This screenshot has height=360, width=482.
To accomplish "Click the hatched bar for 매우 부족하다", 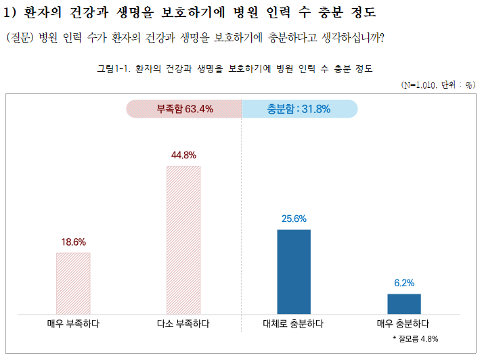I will click(x=73, y=283).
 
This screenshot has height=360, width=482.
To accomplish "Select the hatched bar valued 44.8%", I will click(x=183, y=240).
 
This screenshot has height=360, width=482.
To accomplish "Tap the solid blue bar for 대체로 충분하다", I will click(x=294, y=271).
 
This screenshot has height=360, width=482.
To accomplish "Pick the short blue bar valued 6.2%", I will click(x=404, y=303).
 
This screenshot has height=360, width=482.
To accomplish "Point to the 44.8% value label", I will click(x=183, y=155).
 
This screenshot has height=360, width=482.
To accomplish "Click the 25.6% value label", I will click(x=294, y=219).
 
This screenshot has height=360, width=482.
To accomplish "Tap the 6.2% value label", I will click(x=404, y=283).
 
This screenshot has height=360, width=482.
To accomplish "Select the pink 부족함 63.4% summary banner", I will click(x=183, y=109).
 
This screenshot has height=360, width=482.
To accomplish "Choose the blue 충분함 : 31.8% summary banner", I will click(x=299, y=109).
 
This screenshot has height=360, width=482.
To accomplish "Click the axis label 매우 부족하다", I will click(x=73, y=324).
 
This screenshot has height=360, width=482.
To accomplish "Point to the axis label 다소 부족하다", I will click(x=183, y=324).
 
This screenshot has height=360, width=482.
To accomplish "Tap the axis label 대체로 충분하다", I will click(x=293, y=324).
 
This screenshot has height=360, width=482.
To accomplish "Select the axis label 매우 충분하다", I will click(x=403, y=324).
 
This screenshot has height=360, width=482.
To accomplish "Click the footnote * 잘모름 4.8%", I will click(x=416, y=338).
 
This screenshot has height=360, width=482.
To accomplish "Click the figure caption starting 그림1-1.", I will click(x=235, y=69).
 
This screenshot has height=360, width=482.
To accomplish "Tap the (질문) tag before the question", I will click(x=20, y=37).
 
